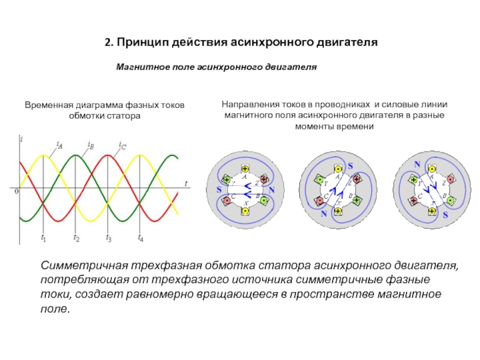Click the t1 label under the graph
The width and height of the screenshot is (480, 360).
pyautogui.click(x=44, y=238)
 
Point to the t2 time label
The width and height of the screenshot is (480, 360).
pyautogui.click(x=76, y=238)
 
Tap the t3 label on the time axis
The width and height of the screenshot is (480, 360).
pyautogui.click(x=109, y=238)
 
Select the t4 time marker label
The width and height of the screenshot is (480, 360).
pyautogui.click(x=140, y=238)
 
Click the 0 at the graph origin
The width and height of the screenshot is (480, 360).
pyautogui.click(x=17, y=191)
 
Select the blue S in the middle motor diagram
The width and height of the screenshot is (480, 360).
pyautogui.click(x=351, y=164)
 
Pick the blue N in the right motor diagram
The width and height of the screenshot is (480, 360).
pyautogui.click(x=417, y=163)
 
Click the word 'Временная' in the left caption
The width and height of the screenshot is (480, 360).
pyautogui.click(x=47, y=106)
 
